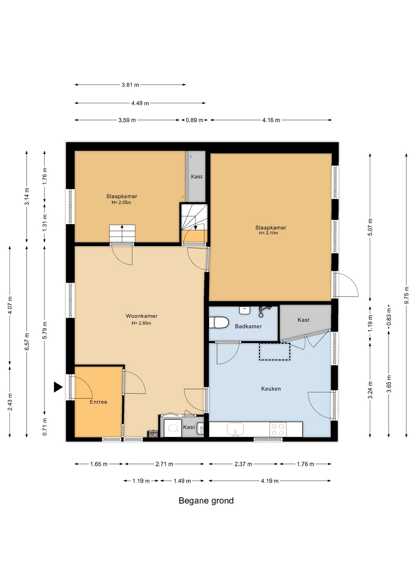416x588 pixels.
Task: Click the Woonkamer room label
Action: click(x=142, y=316)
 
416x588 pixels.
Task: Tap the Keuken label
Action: click(x=271, y=389)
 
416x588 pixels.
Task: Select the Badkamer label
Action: click(x=248, y=326)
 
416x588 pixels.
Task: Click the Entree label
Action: click(x=98, y=402)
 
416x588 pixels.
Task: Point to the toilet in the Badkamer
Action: click(x=219, y=322)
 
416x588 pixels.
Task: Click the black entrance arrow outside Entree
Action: click(x=58, y=387)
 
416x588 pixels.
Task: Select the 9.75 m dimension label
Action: click(x=407, y=295)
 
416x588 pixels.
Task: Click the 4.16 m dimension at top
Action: click(x=271, y=120)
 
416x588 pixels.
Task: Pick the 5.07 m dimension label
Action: click(x=370, y=227)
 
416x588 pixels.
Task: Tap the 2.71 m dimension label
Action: click(x=164, y=464)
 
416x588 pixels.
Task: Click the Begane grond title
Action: click(x=206, y=501)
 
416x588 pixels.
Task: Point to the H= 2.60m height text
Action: click(x=142, y=323)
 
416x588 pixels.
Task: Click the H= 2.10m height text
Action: click(x=268, y=233)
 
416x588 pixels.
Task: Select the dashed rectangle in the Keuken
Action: click(x=274, y=351)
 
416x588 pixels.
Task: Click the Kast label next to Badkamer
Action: click(x=304, y=320)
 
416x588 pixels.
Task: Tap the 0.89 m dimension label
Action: click(x=195, y=120)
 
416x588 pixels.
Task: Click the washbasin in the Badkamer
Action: click(x=245, y=310)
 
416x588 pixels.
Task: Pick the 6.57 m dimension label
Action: click(x=27, y=341)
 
